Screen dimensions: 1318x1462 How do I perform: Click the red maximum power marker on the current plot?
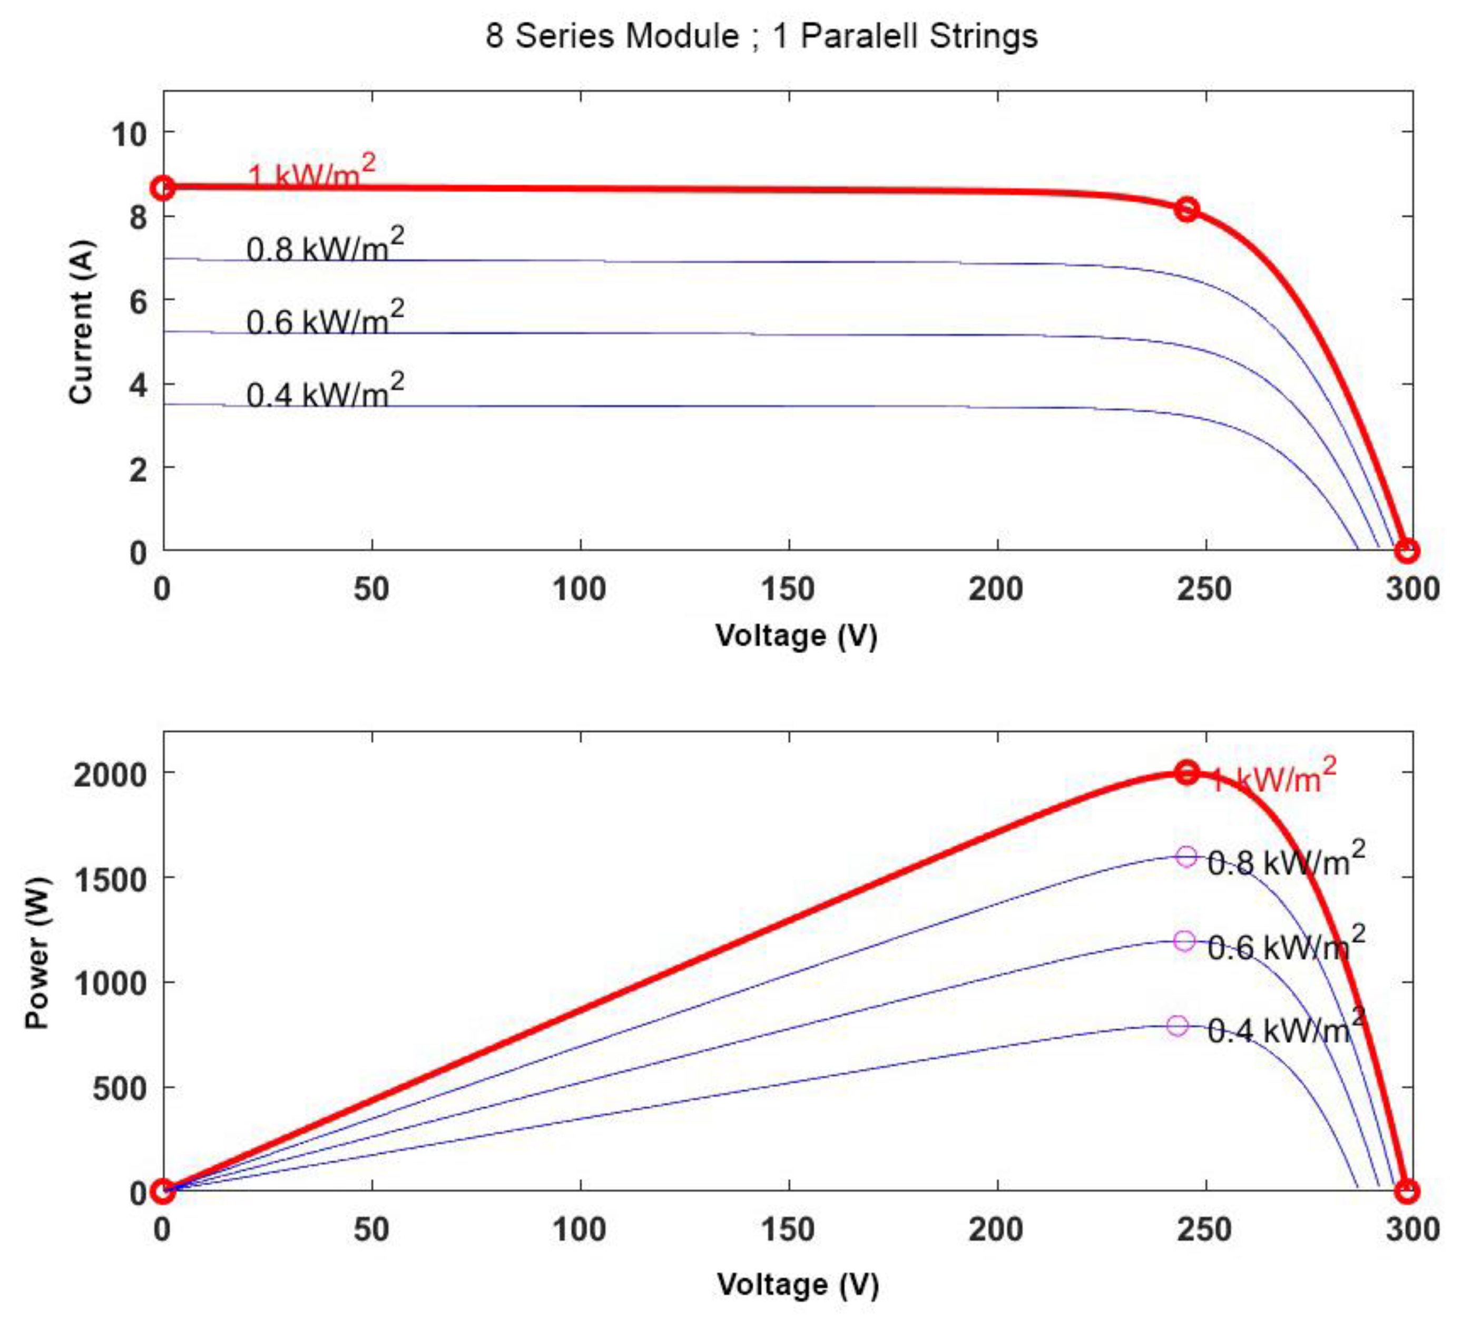pyautogui.click(x=1186, y=210)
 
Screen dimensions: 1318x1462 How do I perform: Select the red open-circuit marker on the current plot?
pyautogui.click(x=1406, y=551)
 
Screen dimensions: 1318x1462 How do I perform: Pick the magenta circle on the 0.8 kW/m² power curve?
pyautogui.click(x=1186, y=857)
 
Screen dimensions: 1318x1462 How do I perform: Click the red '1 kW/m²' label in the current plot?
pyautogui.click(x=311, y=174)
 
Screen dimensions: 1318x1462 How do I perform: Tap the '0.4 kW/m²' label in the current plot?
pyautogui.click(x=325, y=392)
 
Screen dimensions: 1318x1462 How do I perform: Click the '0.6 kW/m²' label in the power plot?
pyautogui.click(x=1286, y=946)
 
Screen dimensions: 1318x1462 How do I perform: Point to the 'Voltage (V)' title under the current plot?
pyautogui.click(x=797, y=636)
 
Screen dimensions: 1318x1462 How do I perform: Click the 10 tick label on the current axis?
pyautogui.click(x=129, y=134)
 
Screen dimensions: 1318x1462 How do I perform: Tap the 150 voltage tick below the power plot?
pyautogui.click(x=788, y=1230)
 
